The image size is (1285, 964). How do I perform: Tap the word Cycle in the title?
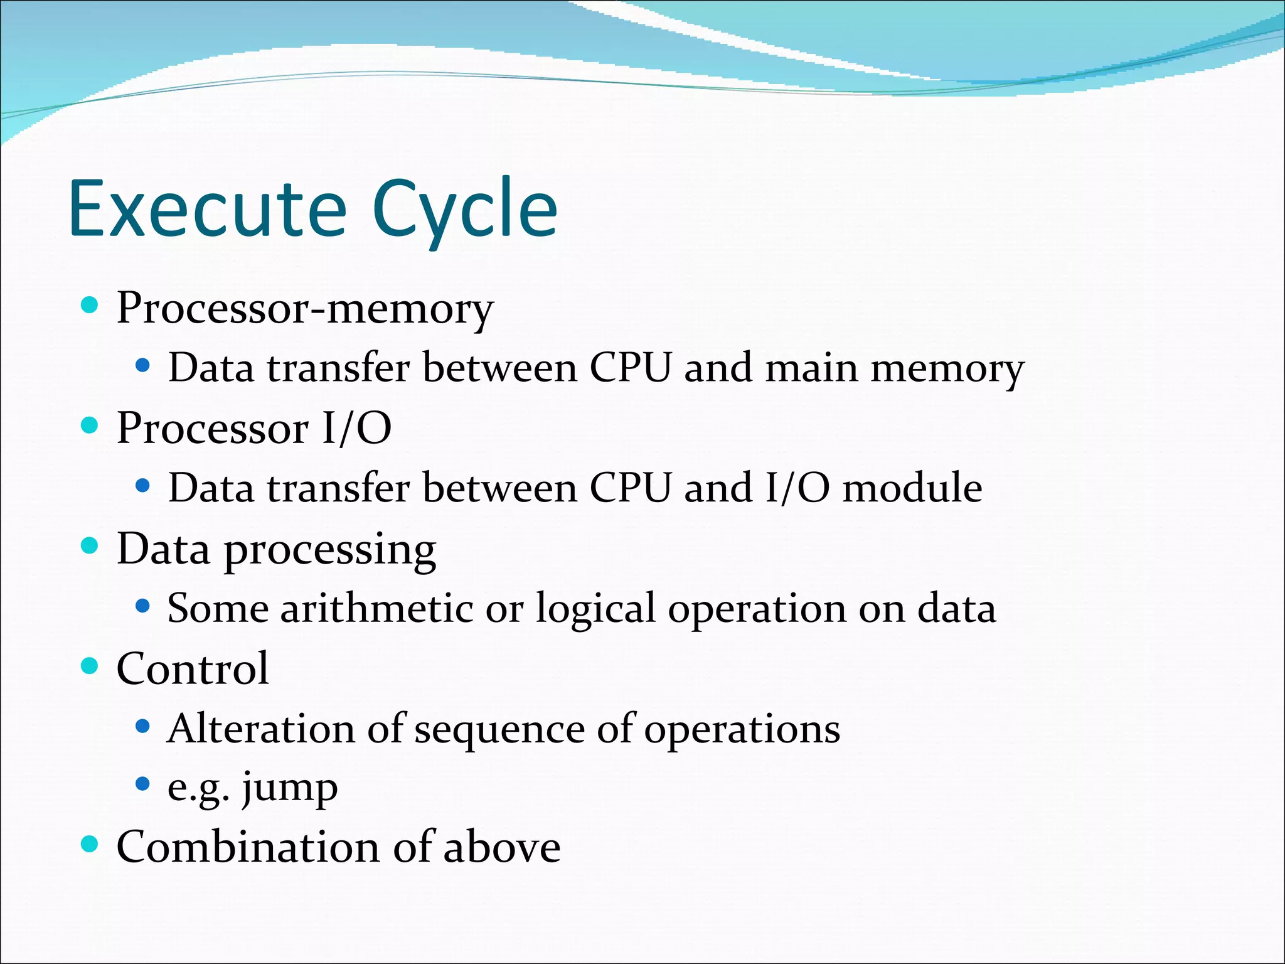coord(464,210)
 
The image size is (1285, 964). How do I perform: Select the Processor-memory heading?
coord(305,309)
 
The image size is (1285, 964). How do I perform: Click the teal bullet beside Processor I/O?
coord(90,426)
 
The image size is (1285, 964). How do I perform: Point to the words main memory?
coord(894,368)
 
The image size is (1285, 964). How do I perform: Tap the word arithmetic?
coord(376,608)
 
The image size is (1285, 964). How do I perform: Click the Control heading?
coord(193,668)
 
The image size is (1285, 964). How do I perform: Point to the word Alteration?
coord(261,729)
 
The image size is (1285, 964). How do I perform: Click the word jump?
coord(290,788)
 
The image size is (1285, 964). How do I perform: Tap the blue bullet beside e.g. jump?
coord(143,784)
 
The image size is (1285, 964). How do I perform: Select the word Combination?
coord(248,847)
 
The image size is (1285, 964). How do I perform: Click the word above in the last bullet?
coord(502,847)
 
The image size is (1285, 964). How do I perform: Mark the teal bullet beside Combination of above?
coord(90,844)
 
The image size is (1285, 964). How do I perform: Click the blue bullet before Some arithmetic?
coord(143,606)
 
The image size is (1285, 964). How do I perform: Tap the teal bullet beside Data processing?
coord(90,546)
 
